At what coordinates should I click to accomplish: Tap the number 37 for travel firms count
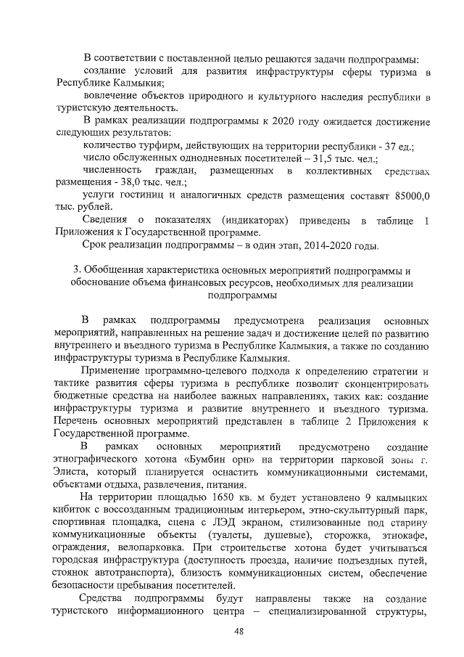(x=384, y=146)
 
